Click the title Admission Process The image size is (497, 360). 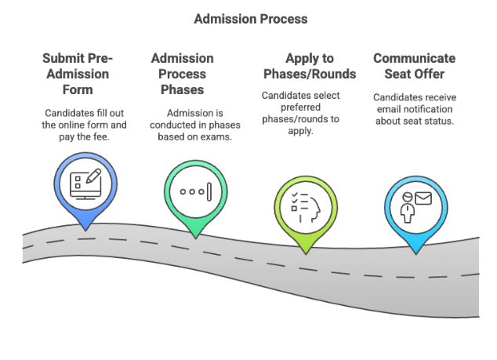pyautogui.click(x=248, y=18)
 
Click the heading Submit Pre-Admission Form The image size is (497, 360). pyautogui.click(x=78, y=74)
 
